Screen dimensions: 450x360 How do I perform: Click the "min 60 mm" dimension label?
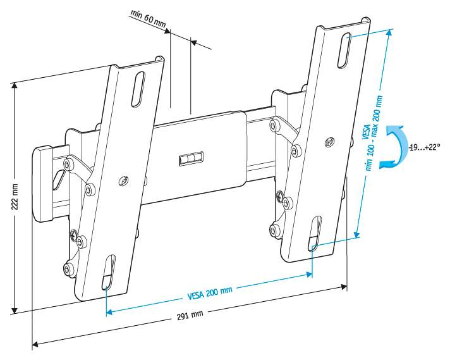click(149, 19)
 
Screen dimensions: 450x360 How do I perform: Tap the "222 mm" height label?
click(15, 197)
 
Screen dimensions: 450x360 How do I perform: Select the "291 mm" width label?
click(190, 316)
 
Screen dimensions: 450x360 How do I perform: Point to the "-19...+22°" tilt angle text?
click(425, 147)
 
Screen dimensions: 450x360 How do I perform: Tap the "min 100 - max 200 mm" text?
click(375, 133)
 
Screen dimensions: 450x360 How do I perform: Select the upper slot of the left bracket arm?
click(138, 90)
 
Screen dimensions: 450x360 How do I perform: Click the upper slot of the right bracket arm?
click(344, 51)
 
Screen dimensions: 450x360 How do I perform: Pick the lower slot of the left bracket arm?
click(109, 272)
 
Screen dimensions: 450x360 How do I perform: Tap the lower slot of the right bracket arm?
click(315, 233)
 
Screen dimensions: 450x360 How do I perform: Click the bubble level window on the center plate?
click(191, 159)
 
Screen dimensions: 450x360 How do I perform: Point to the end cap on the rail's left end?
click(43, 184)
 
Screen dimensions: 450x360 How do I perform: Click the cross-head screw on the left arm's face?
click(124, 181)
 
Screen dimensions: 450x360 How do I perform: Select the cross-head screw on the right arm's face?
click(330, 142)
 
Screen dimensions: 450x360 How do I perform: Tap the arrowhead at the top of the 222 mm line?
click(14, 86)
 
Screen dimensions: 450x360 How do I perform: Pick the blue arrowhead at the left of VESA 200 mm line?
click(109, 311)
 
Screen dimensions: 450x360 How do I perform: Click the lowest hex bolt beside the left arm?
click(68, 270)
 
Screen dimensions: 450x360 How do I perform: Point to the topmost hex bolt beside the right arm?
click(275, 125)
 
